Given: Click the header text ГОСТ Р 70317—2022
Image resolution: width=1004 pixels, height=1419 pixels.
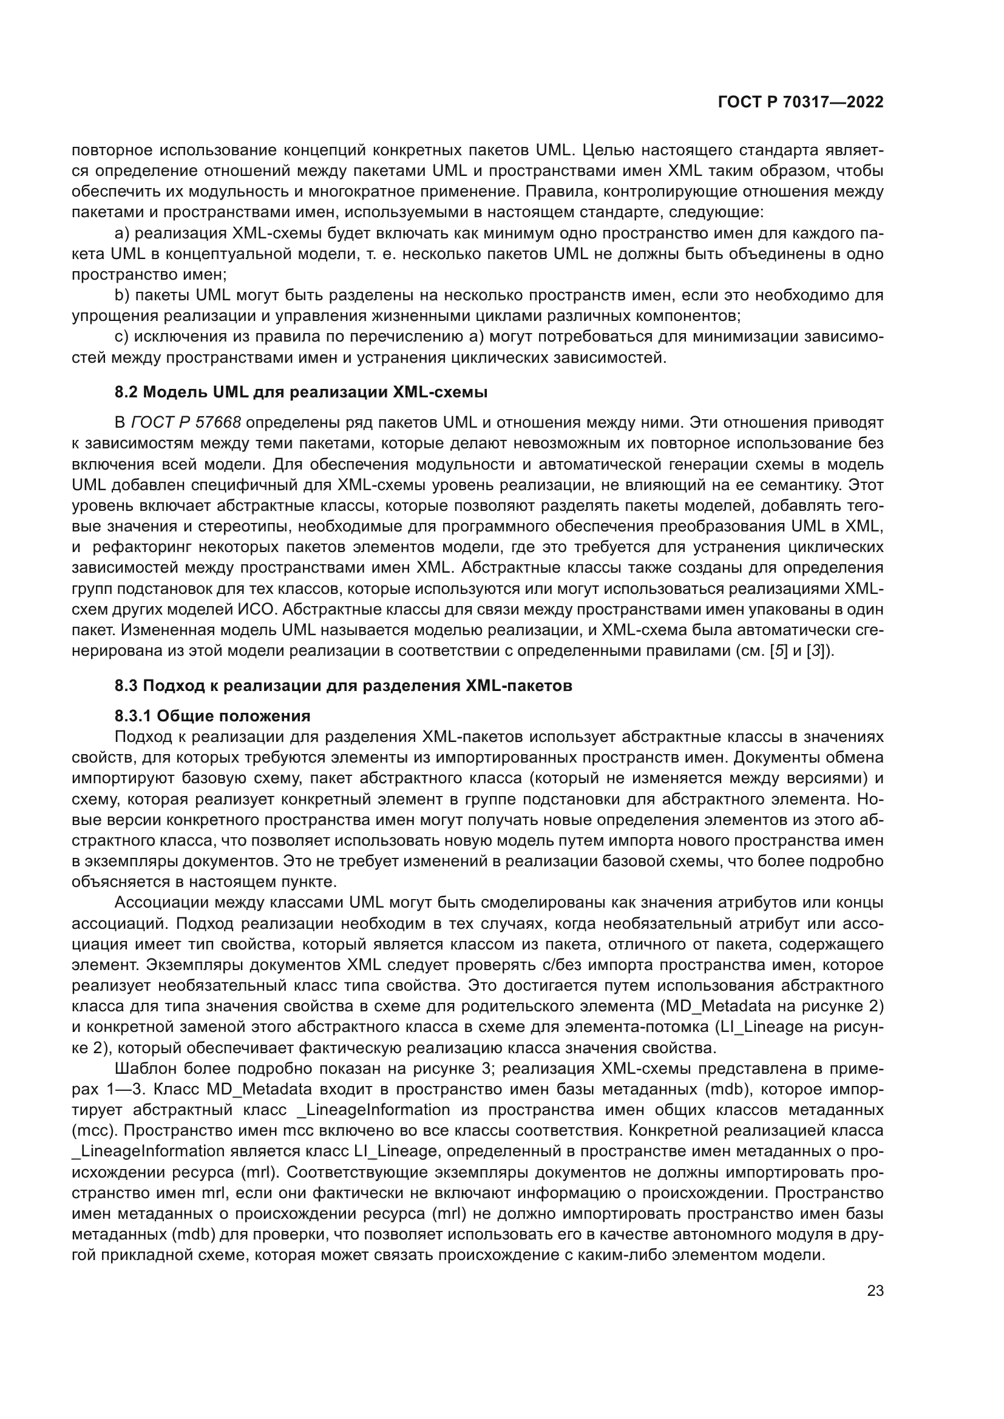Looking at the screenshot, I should click(801, 102).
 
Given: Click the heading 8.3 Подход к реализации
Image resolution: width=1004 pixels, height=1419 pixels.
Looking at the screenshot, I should click(343, 686).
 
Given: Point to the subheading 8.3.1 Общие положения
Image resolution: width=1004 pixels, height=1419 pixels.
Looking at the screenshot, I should click(212, 716).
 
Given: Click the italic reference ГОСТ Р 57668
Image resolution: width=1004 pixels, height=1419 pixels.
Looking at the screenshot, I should click(186, 423).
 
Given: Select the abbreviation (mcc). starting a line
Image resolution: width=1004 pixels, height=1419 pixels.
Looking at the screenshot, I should click(92, 1131).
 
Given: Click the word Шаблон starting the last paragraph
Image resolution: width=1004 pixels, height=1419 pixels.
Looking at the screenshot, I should click(144, 1068).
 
